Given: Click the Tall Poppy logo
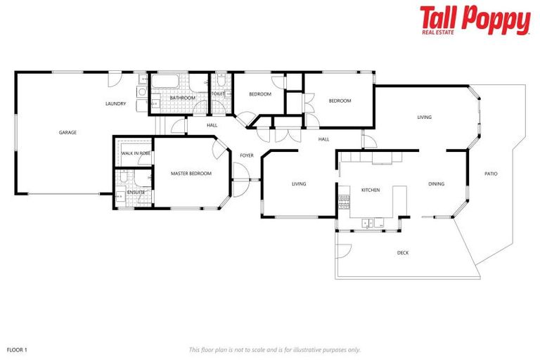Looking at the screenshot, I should point(475,20).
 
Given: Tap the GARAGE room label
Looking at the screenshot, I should point(67,132).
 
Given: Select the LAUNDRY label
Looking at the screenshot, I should point(115,104).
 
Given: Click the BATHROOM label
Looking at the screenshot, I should point(182,98).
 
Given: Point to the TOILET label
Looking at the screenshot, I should point(218,94).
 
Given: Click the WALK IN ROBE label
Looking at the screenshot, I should point(135,153).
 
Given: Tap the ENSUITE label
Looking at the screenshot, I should point(136,192).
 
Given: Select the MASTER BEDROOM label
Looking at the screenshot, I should point(191,173).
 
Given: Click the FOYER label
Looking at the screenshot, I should point(246,155).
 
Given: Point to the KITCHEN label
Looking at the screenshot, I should point(371,191).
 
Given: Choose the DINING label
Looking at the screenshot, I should point(437,184).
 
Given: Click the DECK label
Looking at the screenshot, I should point(402,253).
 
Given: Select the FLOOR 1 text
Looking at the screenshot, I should point(17,349).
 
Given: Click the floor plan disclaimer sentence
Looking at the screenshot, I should point(274,349).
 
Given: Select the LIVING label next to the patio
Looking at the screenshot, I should point(424,117).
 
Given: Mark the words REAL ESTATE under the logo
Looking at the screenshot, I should point(438,32).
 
